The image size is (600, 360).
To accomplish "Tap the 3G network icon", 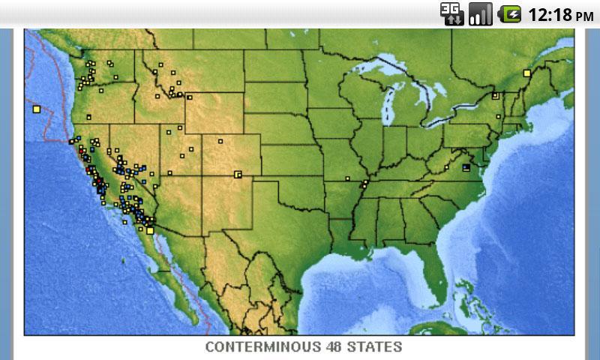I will tap(451, 13).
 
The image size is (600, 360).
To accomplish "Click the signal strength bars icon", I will tap(480, 13).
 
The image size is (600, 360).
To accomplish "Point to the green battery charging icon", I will tap(511, 13).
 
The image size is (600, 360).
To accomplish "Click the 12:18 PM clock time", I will tap(561, 14).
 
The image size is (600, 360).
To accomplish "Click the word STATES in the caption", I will tap(376, 347).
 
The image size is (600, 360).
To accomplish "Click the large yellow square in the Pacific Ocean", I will tap(36, 109).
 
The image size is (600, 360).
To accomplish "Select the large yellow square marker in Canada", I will tap(527, 73).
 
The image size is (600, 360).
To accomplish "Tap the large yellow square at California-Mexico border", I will tap(150, 230).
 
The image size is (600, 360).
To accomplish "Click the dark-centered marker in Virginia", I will tap(466, 167).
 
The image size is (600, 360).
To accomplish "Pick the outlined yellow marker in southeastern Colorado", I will tap(238, 174).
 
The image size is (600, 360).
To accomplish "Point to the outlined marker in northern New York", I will tap(495, 95).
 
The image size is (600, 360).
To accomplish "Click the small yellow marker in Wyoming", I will tap(220, 140).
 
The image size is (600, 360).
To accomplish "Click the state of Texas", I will tap(292, 240).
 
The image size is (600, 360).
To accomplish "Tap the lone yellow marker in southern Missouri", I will tap(348, 178).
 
